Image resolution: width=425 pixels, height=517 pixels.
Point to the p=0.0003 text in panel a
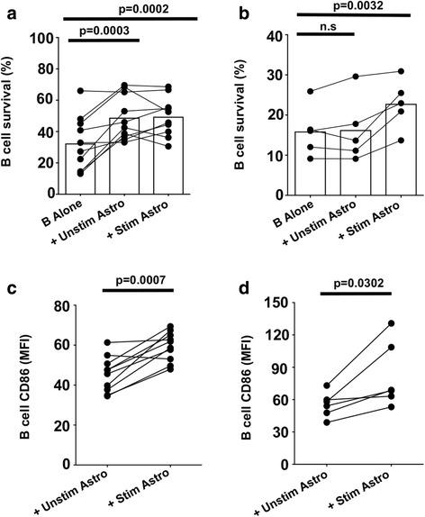(100, 30)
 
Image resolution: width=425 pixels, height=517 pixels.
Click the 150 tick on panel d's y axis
(267, 305)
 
